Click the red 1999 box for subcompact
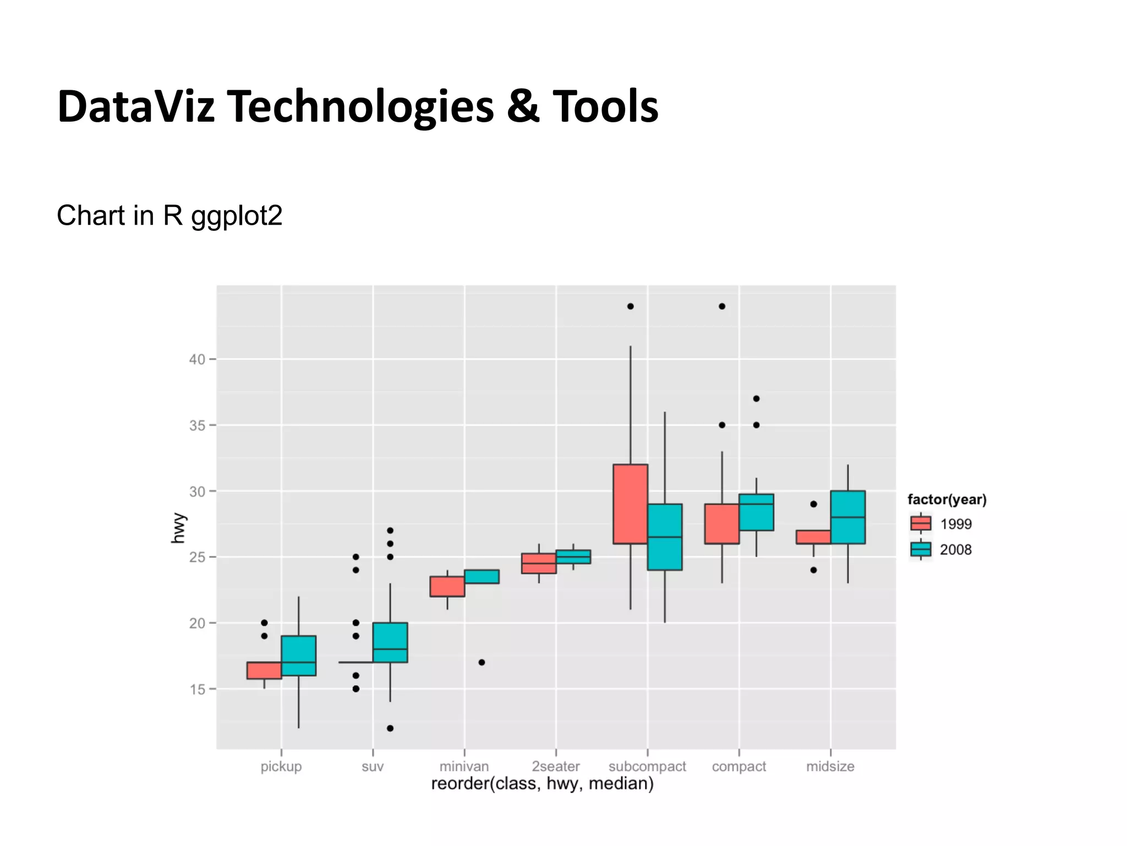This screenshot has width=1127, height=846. click(x=630, y=503)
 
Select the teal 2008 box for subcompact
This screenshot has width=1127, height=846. click(x=665, y=536)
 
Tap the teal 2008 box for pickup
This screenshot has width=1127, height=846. click(x=298, y=655)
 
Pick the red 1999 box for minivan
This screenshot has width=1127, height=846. click(x=447, y=587)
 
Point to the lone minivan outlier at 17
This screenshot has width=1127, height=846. click(x=482, y=662)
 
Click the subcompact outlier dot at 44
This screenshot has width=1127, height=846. click(x=630, y=306)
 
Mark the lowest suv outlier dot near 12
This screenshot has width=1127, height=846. click(x=390, y=728)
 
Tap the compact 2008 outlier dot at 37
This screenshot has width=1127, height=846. click(x=756, y=398)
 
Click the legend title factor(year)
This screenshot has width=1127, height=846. click(x=947, y=500)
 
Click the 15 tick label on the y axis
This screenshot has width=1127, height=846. click(x=197, y=690)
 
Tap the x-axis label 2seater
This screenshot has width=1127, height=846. click(x=555, y=766)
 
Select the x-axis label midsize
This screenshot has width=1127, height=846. click(x=830, y=766)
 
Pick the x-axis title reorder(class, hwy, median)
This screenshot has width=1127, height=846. click(x=542, y=784)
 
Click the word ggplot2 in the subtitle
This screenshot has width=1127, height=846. click(x=237, y=216)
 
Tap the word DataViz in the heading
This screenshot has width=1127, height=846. click(x=136, y=106)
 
